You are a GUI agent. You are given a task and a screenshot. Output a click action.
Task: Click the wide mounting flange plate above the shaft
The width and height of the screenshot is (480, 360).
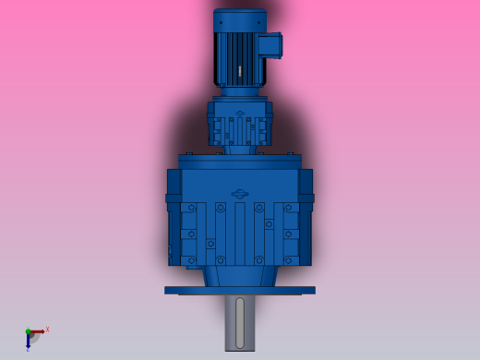tap(239, 290)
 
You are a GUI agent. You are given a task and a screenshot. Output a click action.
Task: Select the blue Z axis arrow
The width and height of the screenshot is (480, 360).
tap(29, 341)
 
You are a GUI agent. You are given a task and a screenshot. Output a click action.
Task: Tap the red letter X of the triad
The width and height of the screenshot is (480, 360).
tap(47, 329)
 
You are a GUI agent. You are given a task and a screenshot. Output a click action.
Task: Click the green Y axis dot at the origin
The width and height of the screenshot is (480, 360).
tap(29, 331)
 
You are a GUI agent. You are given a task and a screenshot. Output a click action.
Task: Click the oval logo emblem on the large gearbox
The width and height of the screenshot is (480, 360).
tap(240, 193)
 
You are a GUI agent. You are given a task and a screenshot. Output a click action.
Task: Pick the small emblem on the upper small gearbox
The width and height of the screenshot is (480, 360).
tap(240, 114)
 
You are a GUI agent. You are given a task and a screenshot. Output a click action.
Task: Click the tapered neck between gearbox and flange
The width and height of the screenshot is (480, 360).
tap(239, 275)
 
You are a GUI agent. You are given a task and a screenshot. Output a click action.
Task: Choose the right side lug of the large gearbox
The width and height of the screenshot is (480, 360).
tap(308, 198)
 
